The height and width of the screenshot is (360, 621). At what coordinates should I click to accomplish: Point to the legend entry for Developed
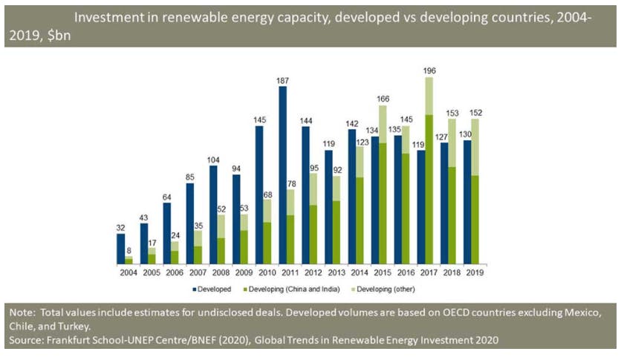click(215, 288)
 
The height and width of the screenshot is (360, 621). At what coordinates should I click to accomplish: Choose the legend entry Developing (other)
click(384, 288)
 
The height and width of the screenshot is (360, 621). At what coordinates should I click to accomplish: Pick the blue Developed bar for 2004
click(120, 249)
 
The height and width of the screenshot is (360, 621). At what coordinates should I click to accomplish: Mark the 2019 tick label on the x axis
click(472, 273)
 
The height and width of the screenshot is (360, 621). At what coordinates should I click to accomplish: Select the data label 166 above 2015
click(382, 99)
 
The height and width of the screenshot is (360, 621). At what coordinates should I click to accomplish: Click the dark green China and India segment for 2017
click(429, 189)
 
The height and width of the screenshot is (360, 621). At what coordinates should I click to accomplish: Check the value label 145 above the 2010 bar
click(260, 120)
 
